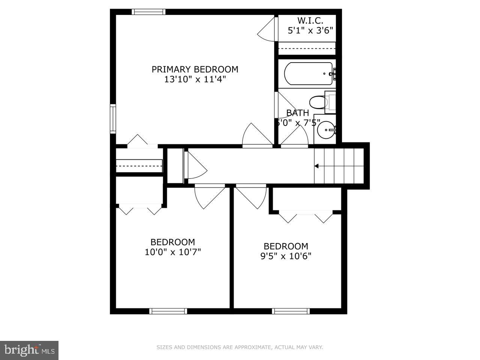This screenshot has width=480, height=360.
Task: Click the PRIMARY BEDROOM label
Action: tap(195, 69)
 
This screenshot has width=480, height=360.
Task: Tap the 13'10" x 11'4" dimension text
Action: tap(195, 79)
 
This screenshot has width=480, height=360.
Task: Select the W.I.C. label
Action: tap(310, 21)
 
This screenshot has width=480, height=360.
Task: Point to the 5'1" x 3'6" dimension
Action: tap(310, 31)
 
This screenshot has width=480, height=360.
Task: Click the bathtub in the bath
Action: tap(308, 73)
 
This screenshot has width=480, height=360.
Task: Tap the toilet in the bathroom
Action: tap(318, 102)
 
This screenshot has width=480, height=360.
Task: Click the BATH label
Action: tap(298, 113)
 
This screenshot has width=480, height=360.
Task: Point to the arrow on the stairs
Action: tap(316, 166)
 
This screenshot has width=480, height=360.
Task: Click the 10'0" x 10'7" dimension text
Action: tap(172, 252)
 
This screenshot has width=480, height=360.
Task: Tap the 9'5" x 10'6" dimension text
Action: tap(286, 256)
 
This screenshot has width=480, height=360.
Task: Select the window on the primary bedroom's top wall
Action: tap(148, 12)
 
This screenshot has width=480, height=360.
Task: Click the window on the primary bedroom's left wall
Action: tap(112, 118)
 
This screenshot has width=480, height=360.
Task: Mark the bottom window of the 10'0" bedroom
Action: tap(168, 311)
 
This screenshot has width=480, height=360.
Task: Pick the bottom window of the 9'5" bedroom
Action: tap(291, 311)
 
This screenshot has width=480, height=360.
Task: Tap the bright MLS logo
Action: tap(29, 350)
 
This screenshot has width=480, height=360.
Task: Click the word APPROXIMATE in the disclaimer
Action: tap(252, 348)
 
